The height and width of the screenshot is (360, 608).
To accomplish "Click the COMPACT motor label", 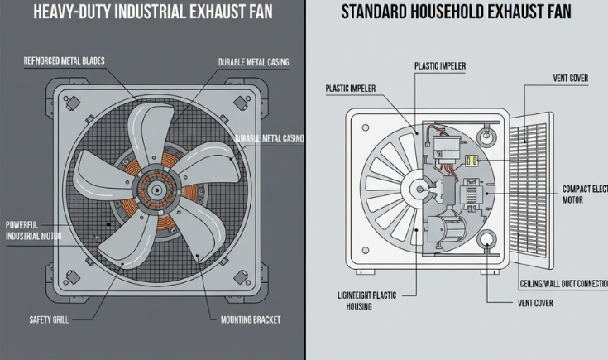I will coord(584,193).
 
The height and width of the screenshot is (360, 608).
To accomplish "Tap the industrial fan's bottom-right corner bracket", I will coord(242,276).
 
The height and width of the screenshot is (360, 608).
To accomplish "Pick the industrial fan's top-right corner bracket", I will coord(242,103).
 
